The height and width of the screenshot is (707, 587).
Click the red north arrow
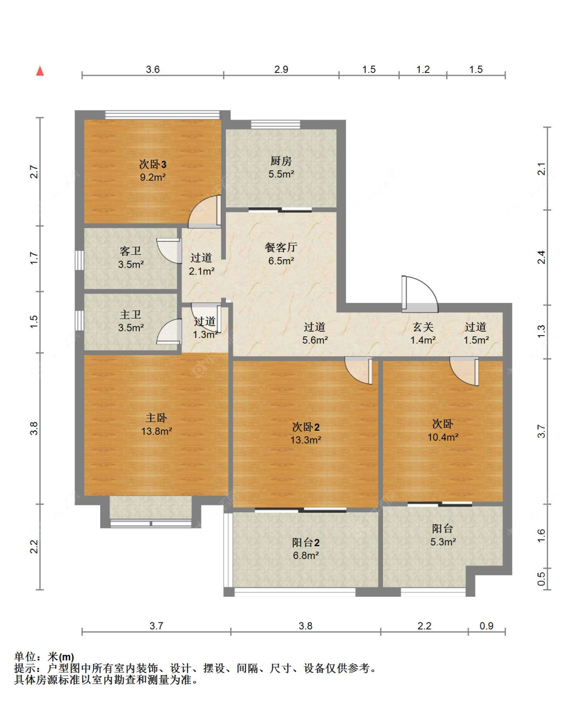coord(40,71)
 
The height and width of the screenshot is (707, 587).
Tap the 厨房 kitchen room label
coord(281,161)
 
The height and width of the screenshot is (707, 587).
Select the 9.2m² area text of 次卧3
coord(153,177)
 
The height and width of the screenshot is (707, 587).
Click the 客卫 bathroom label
coord(130,251)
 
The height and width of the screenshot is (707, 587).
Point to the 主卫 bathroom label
coord(130,314)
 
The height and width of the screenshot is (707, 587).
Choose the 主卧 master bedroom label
coord(157,418)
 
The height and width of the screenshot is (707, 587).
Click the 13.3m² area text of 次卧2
coord(306,440)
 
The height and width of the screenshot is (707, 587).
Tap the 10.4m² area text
coord(443,437)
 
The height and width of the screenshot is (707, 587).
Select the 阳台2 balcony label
coord(306,543)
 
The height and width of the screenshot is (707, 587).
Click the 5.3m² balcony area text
coord(443,542)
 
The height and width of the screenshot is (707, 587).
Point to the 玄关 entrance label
coord(423,327)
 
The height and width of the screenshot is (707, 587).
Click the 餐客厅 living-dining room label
coord(281,248)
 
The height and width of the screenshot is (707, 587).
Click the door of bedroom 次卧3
coord(205,211)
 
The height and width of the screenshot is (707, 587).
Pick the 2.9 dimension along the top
coord(281,69)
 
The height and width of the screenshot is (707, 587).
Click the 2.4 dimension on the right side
coord(542,257)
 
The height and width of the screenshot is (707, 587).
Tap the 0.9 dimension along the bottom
coord(486,626)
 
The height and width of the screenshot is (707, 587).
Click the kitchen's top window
coord(275,124)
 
